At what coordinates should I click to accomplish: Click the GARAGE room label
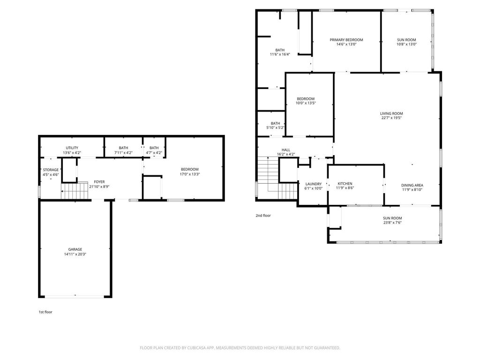[75, 249]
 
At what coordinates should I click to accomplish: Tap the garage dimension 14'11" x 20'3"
[75, 254]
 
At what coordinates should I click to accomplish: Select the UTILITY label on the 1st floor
[72, 148]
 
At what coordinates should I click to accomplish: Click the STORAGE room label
[51, 170]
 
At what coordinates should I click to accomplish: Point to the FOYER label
[99, 182]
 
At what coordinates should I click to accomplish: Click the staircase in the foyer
[75, 191]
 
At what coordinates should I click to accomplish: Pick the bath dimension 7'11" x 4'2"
[123, 152]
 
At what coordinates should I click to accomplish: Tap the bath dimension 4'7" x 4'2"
[154, 152]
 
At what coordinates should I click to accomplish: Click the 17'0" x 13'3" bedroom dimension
[190, 174]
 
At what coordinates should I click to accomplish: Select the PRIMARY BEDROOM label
[346, 40]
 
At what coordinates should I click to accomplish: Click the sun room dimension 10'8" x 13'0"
[406, 44]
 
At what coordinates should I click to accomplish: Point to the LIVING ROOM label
[391, 113]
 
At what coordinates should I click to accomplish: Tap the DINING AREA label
[412, 185]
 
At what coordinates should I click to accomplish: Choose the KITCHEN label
[345, 184]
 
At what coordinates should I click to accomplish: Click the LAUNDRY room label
[314, 184]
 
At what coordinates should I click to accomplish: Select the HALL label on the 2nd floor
[286, 150]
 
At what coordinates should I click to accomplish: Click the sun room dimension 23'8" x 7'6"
[392, 223]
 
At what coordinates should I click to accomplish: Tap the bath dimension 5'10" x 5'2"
[275, 127]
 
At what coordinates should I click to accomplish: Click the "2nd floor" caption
[263, 216]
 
